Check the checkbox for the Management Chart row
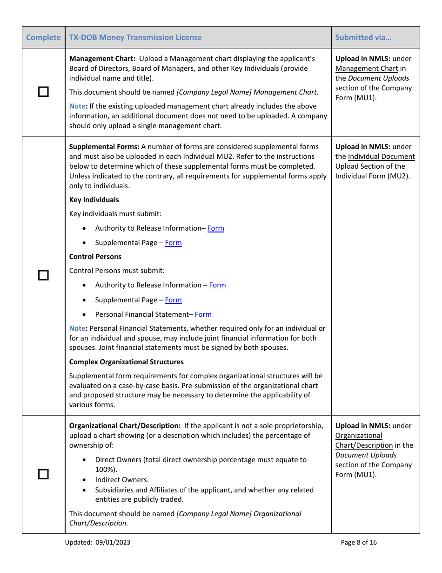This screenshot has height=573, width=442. (43, 92)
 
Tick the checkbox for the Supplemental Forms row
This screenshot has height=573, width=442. (43, 275)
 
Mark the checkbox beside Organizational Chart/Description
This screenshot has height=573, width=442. (43, 474)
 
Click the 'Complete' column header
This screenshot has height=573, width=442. (43, 37)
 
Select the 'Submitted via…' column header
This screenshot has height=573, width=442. (363, 37)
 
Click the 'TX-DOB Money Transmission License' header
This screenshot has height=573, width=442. (135, 37)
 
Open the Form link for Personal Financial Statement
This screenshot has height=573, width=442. (203, 314)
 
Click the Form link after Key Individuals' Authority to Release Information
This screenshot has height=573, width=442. (215, 228)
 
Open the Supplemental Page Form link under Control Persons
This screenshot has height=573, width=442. (173, 300)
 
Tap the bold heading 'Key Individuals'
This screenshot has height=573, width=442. (94, 200)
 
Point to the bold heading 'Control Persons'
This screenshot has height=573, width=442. (95, 257)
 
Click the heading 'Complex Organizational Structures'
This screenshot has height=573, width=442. (127, 362)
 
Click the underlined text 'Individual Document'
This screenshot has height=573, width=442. (381, 157)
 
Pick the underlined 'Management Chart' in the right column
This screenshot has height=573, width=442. (367, 68)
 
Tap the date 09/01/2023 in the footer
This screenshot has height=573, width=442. (114, 542)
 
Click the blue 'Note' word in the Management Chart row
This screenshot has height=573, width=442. (77, 106)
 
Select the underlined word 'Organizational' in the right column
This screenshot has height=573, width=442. (359, 436)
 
